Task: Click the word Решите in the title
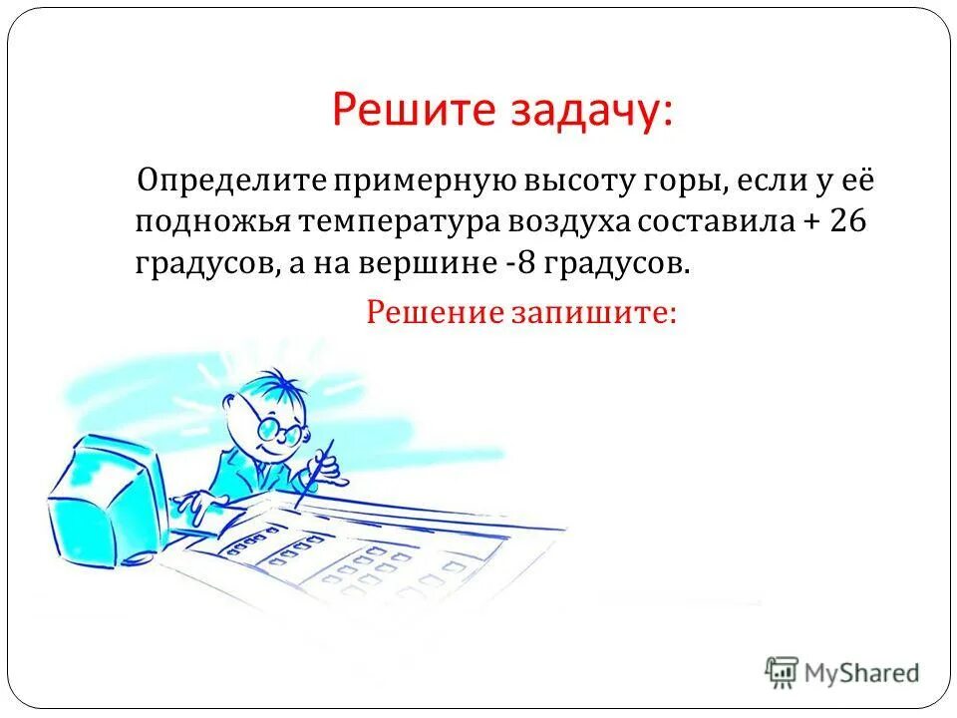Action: coord(409,110)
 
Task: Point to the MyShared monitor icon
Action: coord(783,671)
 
